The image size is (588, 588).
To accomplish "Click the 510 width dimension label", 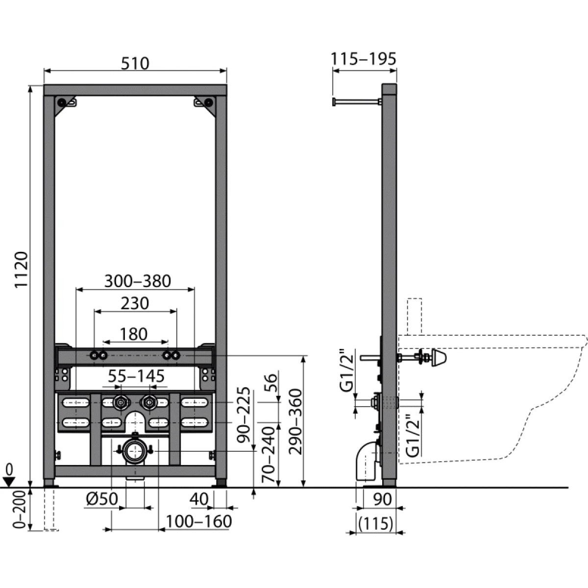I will (135, 63).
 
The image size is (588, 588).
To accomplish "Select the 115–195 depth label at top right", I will (363, 59).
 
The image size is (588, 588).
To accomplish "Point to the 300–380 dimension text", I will (138, 281).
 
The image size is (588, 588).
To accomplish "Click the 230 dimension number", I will (135, 303).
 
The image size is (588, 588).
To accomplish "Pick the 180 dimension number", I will (133, 334).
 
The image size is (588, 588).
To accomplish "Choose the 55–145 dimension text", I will (136, 376).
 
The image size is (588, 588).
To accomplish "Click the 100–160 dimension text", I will (198, 521).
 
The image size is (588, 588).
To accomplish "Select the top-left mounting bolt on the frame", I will (62, 102).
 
